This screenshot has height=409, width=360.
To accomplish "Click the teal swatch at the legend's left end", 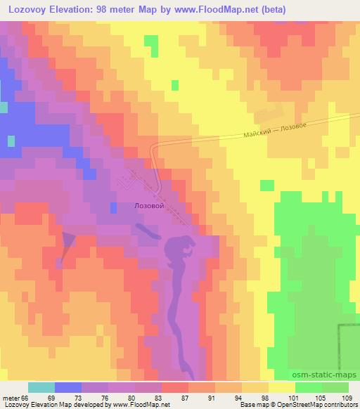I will [x=41, y=387].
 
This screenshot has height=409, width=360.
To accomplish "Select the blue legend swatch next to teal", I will [x=67, y=387].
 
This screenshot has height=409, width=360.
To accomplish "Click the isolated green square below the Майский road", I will [x=267, y=185].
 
